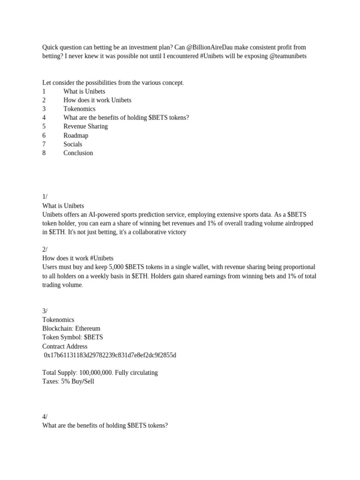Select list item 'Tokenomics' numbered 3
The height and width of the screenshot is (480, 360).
click(x=79, y=109)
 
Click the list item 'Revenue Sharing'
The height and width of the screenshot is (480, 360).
click(x=85, y=127)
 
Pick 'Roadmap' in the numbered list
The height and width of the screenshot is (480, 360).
click(x=75, y=135)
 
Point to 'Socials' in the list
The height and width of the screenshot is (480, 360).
click(x=73, y=144)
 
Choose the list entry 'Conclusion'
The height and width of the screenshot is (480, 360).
click(x=78, y=153)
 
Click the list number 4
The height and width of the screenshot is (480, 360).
click(x=44, y=118)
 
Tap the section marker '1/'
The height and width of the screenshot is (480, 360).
click(x=45, y=197)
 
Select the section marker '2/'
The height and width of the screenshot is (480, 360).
click(x=45, y=249)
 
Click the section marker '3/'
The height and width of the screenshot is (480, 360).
click(x=45, y=311)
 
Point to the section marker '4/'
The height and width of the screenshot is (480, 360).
click(x=45, y=416)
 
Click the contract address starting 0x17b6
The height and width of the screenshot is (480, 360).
click(x=110, y=355)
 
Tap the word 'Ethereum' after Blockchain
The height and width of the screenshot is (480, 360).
click(x=88, y=329)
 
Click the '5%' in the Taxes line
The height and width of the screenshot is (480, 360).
click(x=66, y=382)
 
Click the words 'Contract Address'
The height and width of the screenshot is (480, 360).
click(x=65, y=346)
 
